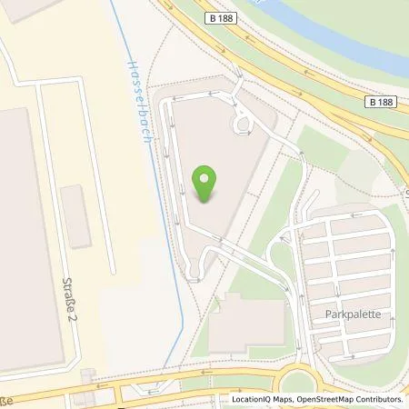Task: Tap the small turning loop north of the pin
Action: click(244, 122)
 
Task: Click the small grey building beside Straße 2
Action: click(79, 216)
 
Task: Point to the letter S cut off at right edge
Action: click(405, 193)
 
